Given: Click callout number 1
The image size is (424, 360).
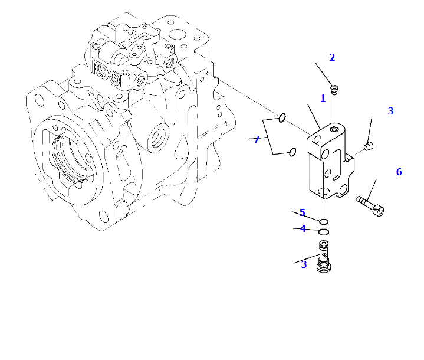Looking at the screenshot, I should point(323,99).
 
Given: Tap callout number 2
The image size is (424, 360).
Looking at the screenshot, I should point(332,58).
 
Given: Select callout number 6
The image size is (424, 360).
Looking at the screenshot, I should point(399,172).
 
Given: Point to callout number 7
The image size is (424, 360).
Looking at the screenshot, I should point(257,140).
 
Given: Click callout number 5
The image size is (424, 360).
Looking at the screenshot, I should point(302,213).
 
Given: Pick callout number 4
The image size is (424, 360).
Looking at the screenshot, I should point(303,229).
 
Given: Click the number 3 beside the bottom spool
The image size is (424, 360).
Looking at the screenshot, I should point(304,264).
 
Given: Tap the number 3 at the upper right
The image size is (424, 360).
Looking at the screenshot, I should point(390,111).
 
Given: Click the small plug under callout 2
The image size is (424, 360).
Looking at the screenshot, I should point(335,90).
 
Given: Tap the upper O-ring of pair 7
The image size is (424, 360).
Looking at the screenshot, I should point(282,118).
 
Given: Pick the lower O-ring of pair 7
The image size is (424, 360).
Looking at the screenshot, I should point(291,153).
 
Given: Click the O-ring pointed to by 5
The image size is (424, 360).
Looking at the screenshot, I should point(324,222).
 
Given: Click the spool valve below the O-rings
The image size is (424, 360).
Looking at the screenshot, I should point(323,256).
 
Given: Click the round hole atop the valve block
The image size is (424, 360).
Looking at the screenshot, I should point(334,129).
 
